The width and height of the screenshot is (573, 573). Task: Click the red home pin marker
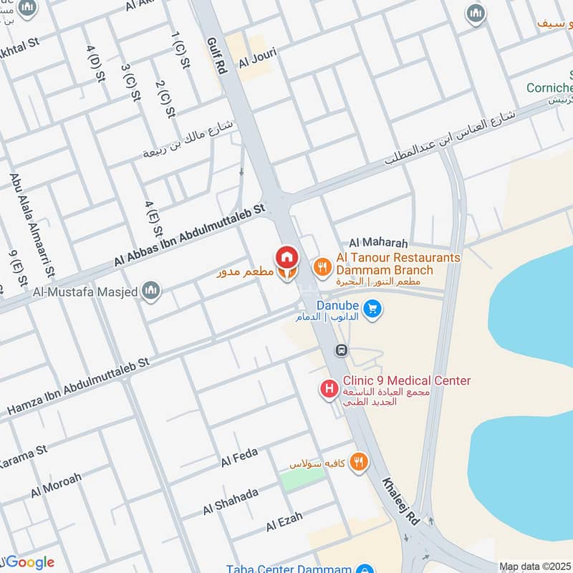pos(286,256)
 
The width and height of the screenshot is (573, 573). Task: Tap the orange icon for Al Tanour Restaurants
pos(322,267)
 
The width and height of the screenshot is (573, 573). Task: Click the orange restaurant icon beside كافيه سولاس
pos(360,462)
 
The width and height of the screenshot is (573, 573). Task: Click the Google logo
pos(29,562)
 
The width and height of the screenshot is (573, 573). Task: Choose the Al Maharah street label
pos(378,244)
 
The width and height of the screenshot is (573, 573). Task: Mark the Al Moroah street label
pos(56,485)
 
